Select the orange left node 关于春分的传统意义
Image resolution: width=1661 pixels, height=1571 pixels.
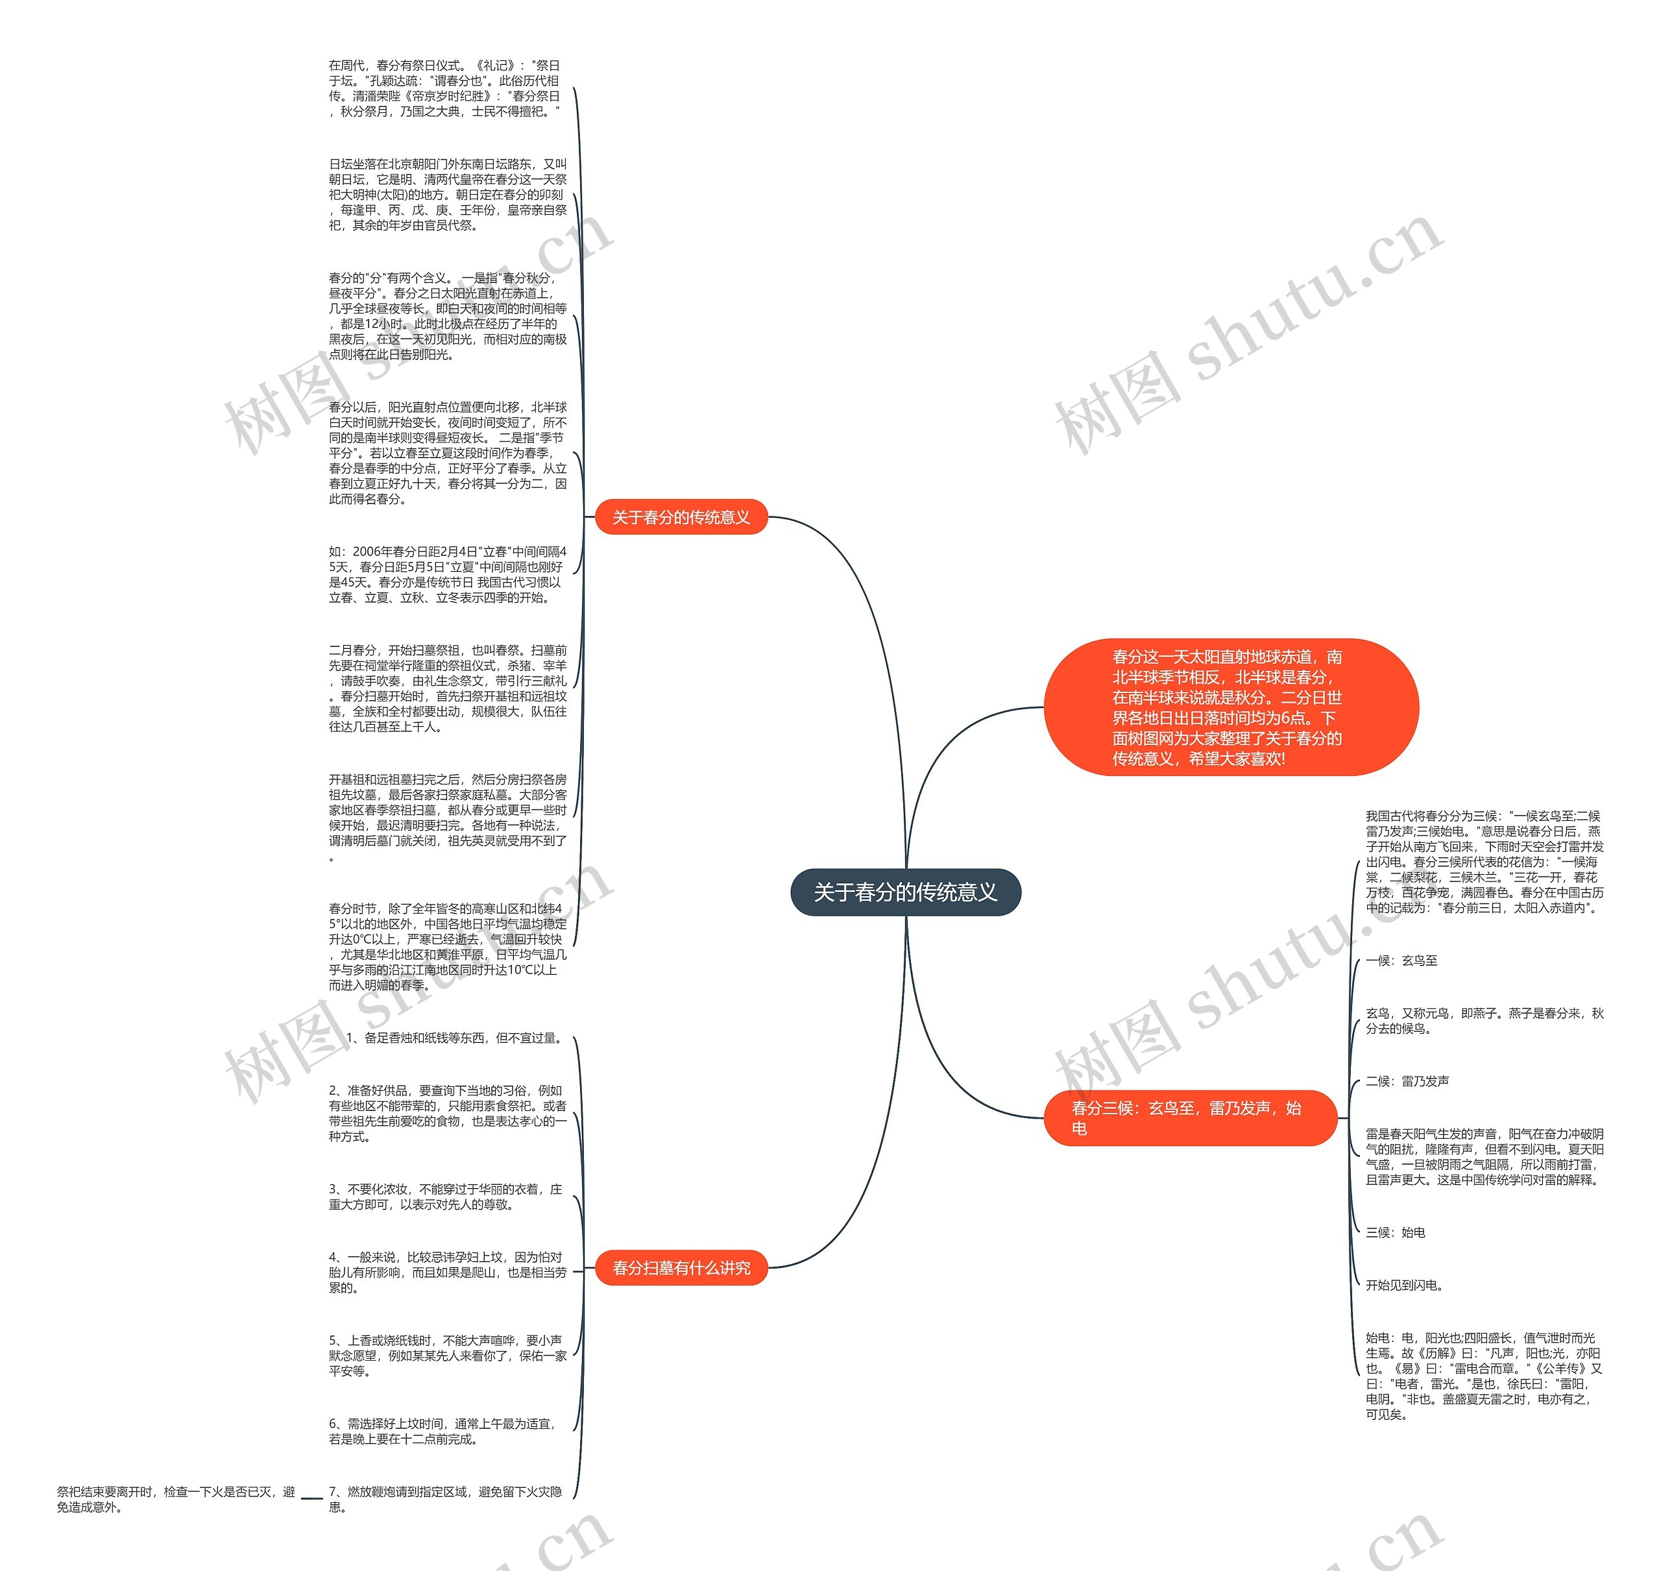pyautogui.click(x=681, y=518)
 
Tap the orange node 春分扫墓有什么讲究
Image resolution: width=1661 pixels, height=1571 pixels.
pyautogui.click(x=681, y=1268)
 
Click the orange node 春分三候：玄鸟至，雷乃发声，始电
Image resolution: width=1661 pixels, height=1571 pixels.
pyautogui.click(x=1189, y=1118)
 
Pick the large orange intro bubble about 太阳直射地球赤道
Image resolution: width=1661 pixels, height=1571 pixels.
pyautogui.click(x=1230, y=707)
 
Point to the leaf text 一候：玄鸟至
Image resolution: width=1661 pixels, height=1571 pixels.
pyautogui.click(x=1401, y=960)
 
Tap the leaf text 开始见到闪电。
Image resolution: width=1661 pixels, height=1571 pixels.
pyautogui.click(x=1405, y=1285)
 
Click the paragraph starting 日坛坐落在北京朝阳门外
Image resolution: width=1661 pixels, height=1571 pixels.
pyautogui.click(x=448, y=194)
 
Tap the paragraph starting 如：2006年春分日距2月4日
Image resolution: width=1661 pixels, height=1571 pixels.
pyautogui.click(x=448, y=574)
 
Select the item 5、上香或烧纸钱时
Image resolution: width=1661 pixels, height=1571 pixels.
pyautogui.click(x=448, y=1356)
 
